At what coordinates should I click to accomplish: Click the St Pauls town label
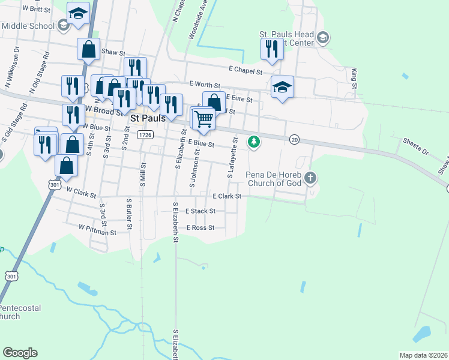tap(148, 119)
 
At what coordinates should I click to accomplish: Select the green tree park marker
tap(254, 142)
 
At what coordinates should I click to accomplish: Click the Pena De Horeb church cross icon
tap(310, 178)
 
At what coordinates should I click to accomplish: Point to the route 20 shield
tap(294, 139)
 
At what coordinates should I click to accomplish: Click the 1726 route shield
tap(144, 135)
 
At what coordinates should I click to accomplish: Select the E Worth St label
tap(205, 85)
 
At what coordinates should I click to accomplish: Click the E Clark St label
tap(227, 196)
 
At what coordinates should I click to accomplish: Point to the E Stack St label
tap(200, 211)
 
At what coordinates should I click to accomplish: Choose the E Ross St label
tap(200, 228)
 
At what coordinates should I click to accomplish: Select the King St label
tap(354, 79)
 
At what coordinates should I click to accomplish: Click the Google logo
tap(20, 353)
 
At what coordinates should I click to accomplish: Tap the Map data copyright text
tap(423, 355)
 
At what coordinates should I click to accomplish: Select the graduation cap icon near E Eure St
tap(282, 87)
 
